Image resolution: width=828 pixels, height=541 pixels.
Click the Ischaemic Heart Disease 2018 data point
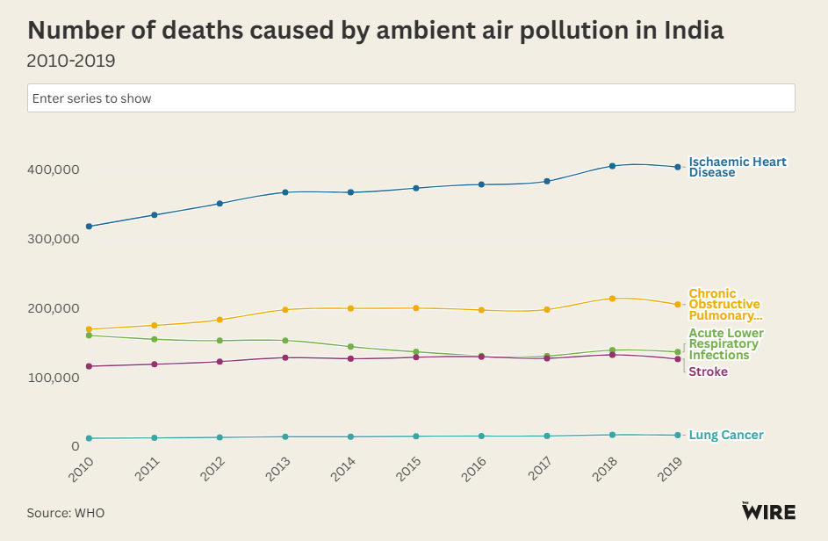[613, 166]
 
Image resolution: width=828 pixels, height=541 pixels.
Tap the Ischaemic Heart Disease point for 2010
[89, 227]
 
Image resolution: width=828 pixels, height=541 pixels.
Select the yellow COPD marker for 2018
[613, 299]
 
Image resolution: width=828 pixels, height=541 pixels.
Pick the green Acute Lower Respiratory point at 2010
[89, 335]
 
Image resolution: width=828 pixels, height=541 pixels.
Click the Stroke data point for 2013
[285, 357]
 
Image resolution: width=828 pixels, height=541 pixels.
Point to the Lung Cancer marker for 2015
[416, 436]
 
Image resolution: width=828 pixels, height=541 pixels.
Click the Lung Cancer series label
[725, 436]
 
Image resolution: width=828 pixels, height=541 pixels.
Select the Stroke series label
[708, 372]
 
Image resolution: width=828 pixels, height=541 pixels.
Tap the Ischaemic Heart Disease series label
[737, 167]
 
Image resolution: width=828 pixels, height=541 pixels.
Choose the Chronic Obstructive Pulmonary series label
[724, 305]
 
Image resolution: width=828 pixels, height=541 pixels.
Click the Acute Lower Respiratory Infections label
[725, 344]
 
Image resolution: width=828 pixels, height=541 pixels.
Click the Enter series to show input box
[411, 98]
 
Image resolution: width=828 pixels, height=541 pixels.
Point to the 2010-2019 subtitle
[71, 61]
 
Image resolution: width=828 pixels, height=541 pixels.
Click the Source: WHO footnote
[65, 513]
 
